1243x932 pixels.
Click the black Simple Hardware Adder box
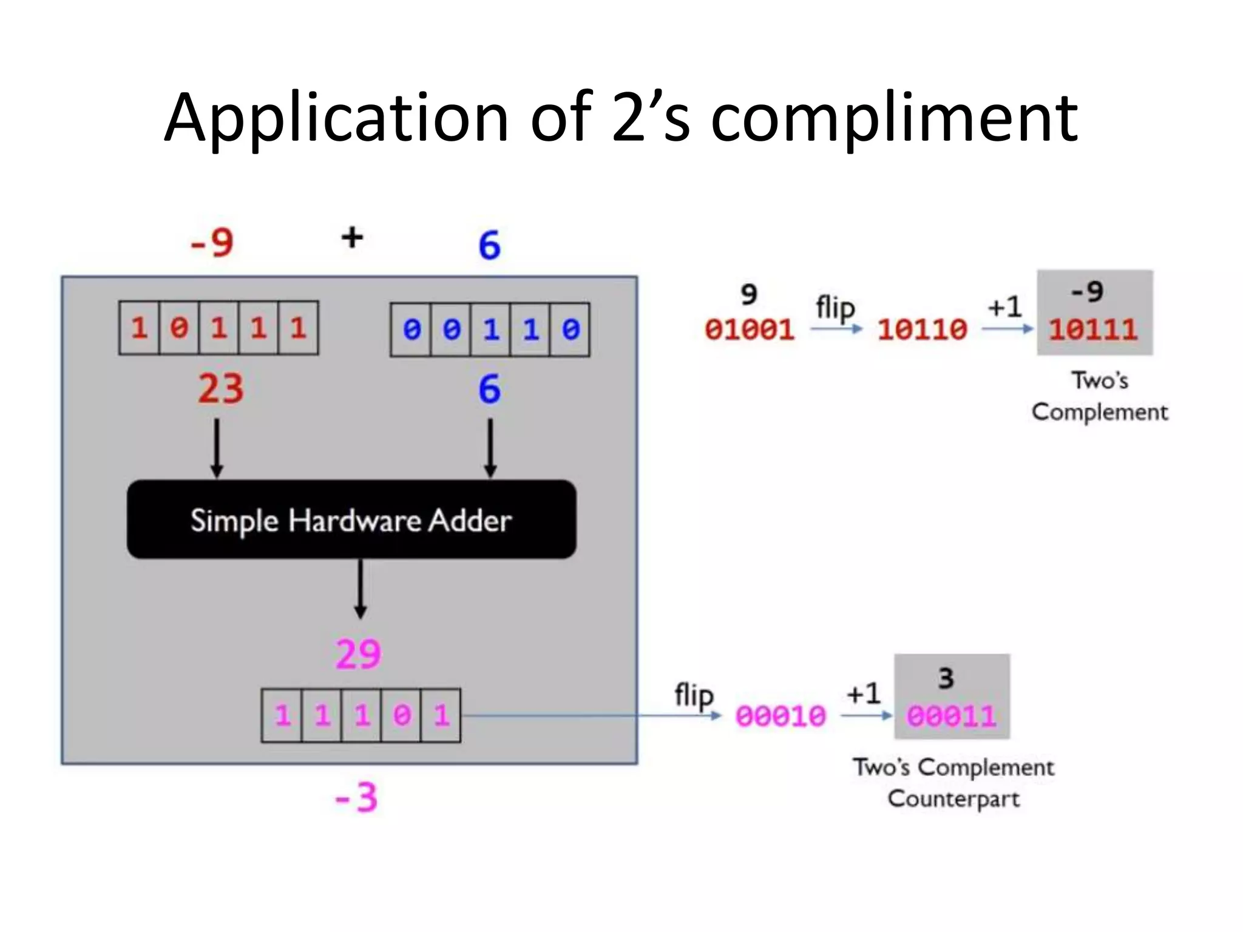351,519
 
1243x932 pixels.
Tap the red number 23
220,388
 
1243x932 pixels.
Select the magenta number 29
359,654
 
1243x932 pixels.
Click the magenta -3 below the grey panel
357,797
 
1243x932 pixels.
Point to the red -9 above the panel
212,243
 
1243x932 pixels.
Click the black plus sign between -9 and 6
352,237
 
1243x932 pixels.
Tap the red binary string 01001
749,329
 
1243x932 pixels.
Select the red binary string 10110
922,329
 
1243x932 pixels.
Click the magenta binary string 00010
781,716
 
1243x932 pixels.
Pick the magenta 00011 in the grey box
951,716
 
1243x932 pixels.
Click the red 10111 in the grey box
1093,329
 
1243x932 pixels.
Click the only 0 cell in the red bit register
179,328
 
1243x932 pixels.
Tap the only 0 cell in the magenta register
401,715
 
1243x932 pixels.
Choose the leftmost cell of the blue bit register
412,329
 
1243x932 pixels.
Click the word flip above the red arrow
835,308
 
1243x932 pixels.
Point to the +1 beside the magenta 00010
863,693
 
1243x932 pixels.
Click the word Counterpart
953,799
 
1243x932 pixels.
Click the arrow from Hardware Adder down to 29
361,589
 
